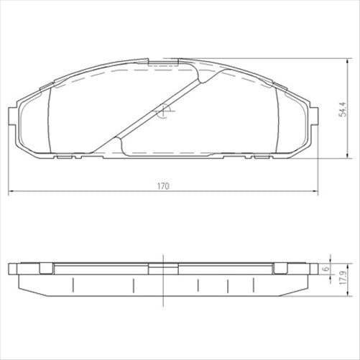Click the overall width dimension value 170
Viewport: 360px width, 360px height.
point(163,186)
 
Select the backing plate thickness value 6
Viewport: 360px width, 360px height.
point(326,268)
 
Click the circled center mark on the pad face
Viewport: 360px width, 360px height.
point(163,111)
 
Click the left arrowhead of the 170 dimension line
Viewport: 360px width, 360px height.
point(11,192)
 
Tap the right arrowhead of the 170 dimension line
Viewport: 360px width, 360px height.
point(316,192)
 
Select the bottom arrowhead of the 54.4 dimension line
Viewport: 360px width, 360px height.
point(349,156)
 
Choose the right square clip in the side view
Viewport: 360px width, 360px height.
point(281,269)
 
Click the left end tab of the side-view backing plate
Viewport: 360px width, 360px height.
point(12,269)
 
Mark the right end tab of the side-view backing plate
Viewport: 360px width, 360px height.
point(314,269)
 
